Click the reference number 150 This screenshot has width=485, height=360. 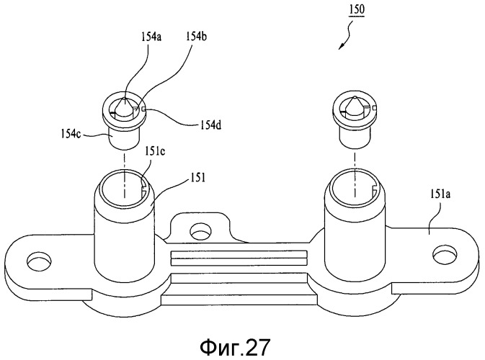point(357,9)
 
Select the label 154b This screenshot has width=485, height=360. point(196,37)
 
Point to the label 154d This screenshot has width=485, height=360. point(210,125)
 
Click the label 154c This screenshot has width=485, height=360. point(71,135)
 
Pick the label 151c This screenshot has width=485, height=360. point(155,153)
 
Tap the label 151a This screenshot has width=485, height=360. point(440,194)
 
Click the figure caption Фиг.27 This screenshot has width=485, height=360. point(235,347)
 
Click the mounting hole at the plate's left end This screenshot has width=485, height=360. point(39,261)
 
